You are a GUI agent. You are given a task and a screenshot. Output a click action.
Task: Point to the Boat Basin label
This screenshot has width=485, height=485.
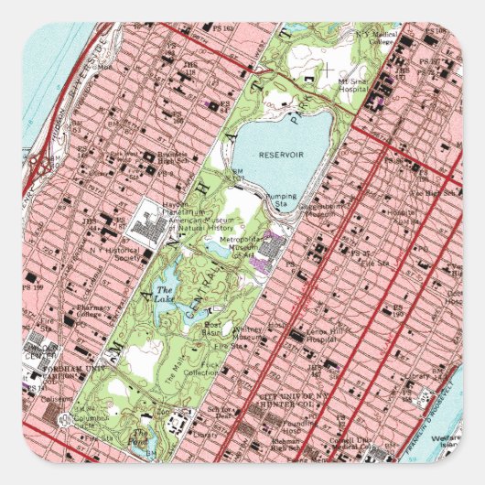[x=212, y=328]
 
